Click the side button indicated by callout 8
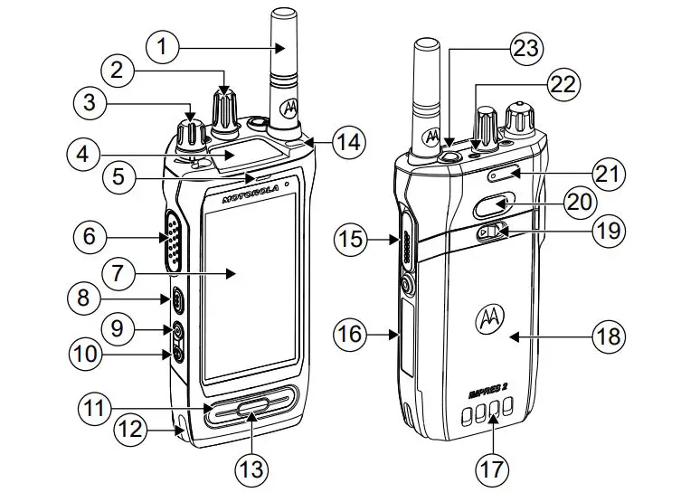[x=177, y=300]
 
